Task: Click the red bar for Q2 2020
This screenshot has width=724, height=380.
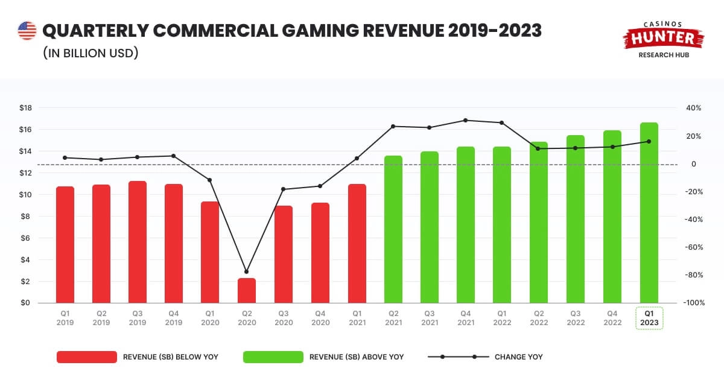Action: click(x=246, y=291)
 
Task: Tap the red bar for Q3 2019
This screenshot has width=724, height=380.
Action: click(x=138, y=242)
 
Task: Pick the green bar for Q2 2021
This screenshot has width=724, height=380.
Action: click(x=393, y=229)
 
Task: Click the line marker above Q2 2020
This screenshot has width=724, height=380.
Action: click(x=246, y=272)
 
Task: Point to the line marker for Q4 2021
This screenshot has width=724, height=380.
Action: click(x=465, y=120)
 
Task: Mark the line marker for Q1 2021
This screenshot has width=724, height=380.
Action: click(x=357, y=159)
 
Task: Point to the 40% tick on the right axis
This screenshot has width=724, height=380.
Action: click(x=693, y=108)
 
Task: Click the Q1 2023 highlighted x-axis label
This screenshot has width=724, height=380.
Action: click(x=649, y=318)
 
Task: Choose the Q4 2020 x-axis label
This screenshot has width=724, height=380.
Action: click(x=320, y=318)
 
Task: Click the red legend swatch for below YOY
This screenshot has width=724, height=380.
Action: click(x=86, y=357)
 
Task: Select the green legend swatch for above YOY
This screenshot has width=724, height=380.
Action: click(x=273, y=357)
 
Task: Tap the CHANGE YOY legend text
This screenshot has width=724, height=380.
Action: click(x=518, y=357)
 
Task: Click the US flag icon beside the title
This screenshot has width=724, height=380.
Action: click(x=27, y=31)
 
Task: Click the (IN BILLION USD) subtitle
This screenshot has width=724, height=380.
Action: click(x=91, y=53)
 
